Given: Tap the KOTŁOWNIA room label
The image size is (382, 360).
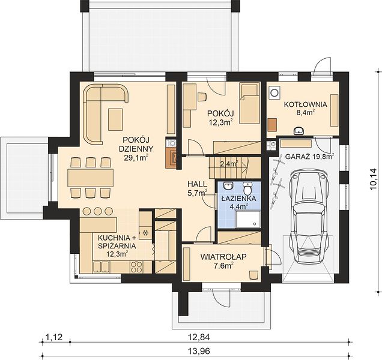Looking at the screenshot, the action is (306, 104).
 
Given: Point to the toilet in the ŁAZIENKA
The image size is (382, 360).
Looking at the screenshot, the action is (248, 188).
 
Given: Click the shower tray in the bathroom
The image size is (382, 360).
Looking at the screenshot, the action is (248, 220).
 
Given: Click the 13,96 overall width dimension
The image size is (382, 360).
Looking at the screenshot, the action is (199, 351).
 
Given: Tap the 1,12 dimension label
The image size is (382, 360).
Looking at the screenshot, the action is (54, 337).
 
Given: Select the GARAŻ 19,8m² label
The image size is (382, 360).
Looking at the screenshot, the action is (309, 156).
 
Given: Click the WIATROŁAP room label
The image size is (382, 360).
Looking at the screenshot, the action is (223, 257).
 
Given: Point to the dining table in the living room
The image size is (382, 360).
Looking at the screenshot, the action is (91, 178).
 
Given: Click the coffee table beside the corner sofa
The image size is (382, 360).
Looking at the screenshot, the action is (115, 119).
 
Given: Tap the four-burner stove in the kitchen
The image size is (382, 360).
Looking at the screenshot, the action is (137, 267).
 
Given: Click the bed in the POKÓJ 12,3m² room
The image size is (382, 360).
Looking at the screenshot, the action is (249, 103).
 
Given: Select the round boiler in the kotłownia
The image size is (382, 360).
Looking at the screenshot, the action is (274, 93).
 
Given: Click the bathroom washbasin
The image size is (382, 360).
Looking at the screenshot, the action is (228, 186).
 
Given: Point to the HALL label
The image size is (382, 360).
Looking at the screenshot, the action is (197, 184).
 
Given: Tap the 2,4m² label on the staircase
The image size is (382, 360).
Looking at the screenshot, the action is (229, 164).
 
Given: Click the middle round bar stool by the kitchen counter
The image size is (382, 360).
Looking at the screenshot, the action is (97, 211).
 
